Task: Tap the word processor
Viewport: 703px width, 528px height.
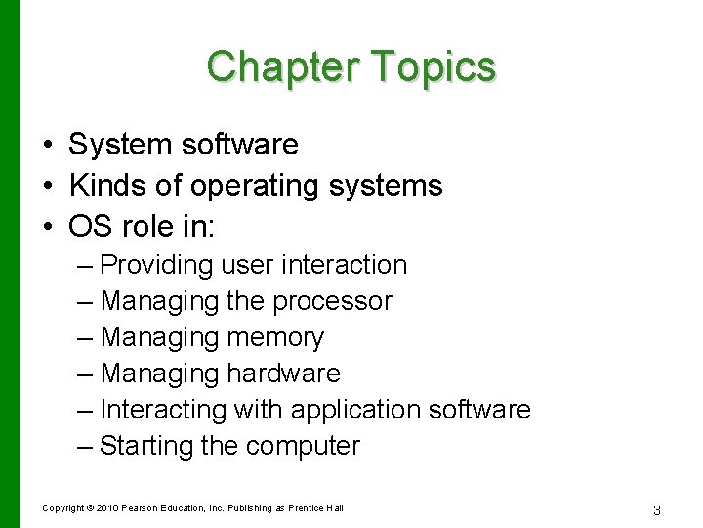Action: click(x=332, y=302)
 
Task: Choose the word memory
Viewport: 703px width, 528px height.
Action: click(x=275, y=338)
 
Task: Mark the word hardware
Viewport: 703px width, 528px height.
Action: click(x=283, y=374)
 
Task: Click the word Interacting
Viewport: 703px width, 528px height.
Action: click(x=163, y=410)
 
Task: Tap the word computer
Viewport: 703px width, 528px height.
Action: click(x=303, y=447)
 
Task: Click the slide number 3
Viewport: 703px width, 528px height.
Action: click(x=657, y=509)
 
